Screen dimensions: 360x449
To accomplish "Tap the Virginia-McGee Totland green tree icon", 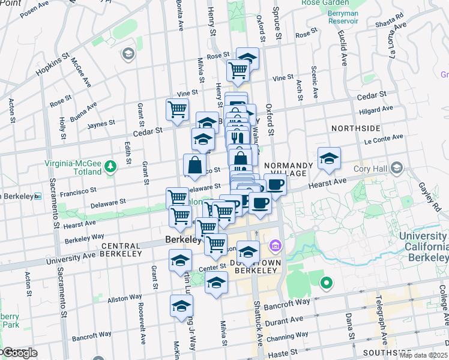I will [x=110, y=165].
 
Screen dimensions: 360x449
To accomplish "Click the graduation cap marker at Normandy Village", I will [x=329, y=158].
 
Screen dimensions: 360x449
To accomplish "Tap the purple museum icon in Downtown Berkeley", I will [x=276, y=245].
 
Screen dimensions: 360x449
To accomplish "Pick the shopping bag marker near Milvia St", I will [x=196, y=164].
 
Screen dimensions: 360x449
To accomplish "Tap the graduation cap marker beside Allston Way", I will [x=181, y=306].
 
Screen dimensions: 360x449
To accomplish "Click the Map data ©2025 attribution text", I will [x=423, y=355].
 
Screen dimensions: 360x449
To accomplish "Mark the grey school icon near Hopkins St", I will [x=128, y=55].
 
